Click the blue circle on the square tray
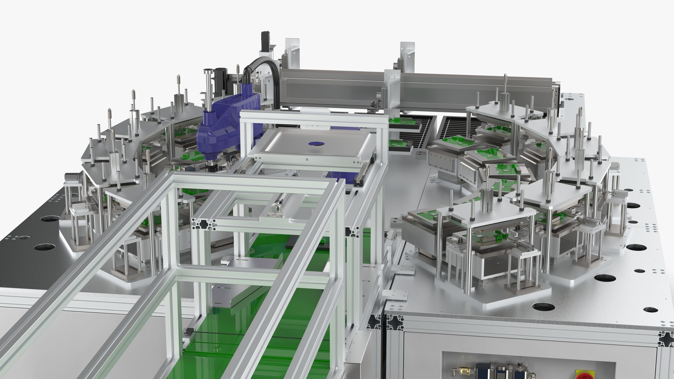tap(316, 143)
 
